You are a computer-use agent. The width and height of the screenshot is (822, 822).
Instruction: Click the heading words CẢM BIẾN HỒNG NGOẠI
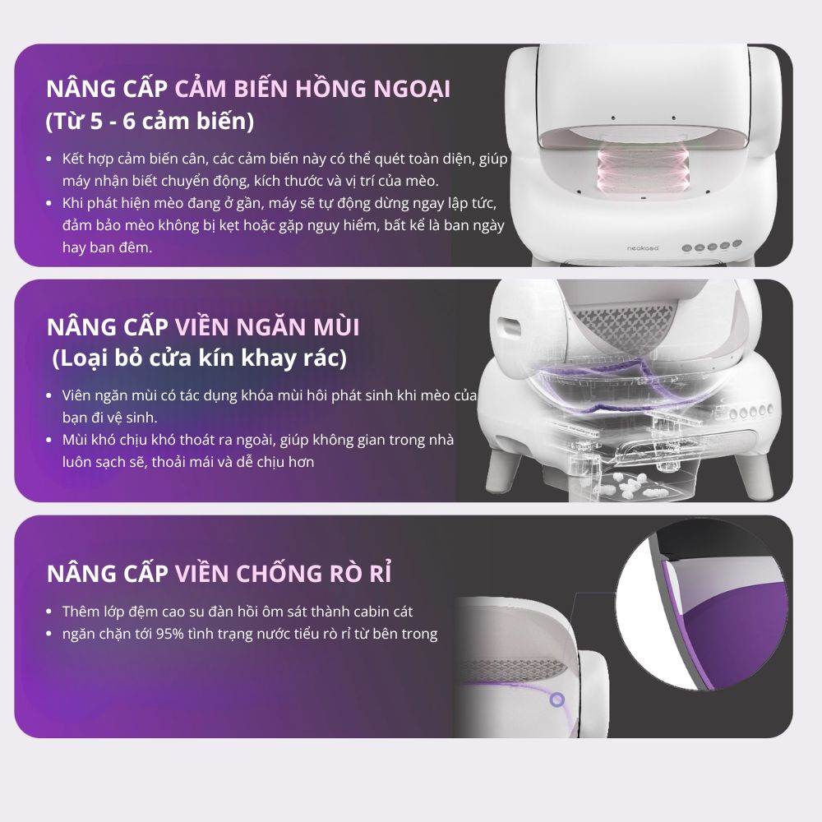click(312, 89)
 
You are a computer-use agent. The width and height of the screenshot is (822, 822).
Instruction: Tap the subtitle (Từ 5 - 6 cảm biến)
click(150, 121)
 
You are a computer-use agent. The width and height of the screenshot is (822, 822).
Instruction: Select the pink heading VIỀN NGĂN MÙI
click(267, 327)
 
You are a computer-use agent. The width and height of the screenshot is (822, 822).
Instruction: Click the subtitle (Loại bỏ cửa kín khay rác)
click(199, 358)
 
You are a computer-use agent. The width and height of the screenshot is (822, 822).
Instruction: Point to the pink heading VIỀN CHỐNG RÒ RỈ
click(283, 572)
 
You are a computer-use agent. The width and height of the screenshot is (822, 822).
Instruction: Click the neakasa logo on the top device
click(643, 248)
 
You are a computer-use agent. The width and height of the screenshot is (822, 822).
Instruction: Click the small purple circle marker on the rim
click(557, 700)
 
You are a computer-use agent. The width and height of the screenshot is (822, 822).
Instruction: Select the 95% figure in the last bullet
click(170, 634)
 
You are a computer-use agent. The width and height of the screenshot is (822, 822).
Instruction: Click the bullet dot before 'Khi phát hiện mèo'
click(49, 203)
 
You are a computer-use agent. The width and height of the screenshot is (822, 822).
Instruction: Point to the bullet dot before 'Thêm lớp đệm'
click(49, 612)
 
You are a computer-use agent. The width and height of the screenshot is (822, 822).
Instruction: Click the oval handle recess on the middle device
click(509, 328)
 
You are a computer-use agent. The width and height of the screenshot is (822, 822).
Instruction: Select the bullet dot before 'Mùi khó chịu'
click(49, 440)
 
